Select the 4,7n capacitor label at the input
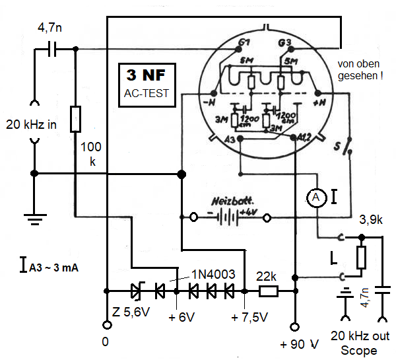tap(51, 28)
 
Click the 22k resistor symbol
tap(267, 290)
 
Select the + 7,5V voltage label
tap(249, 317)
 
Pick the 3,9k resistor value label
tap(370, 218)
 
